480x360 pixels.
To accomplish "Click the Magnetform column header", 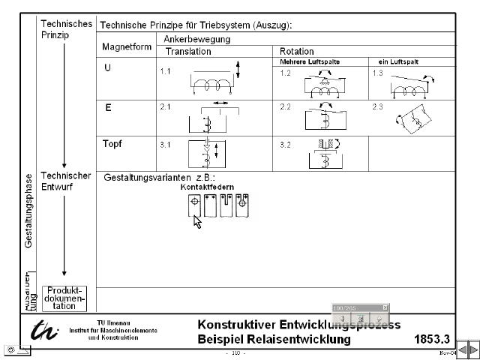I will click(x=127, y=46).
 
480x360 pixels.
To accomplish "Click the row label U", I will click(x=108, y=67).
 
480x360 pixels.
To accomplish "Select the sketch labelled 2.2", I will click(x=324, y=118).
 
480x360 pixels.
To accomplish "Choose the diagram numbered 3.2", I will click(x=324, y=154).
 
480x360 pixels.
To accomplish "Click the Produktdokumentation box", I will click(x=64, y=298).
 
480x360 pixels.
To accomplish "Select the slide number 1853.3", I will click(x=431, y=339).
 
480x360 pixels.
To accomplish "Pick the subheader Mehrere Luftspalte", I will click(x=309, y=61).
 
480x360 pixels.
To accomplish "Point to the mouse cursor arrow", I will click(x=197, y=220).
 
